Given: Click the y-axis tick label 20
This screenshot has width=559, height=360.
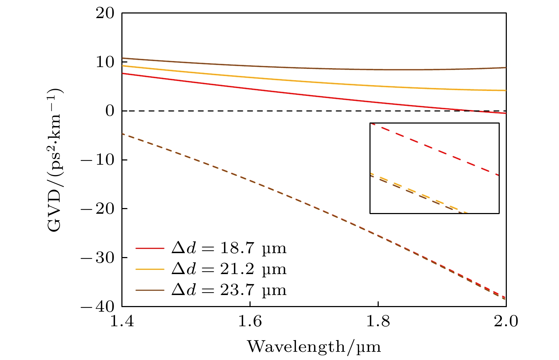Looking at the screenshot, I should coord(105,13).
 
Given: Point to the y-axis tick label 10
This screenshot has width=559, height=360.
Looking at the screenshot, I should coord(105,62).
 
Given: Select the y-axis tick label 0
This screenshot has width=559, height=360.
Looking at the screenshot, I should coord(110,111).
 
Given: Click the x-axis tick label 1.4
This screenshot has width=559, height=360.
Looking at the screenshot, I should coord(122,322).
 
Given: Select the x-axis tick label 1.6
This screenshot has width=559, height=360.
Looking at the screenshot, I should coord(250,322).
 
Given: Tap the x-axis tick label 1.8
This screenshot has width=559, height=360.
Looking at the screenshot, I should coord(378,322).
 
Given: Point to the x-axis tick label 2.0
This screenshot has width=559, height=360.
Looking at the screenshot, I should coord(506,322).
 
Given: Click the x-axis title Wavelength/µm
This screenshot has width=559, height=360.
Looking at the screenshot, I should coord(314,346).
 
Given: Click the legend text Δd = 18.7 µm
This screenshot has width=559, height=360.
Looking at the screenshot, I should coord(229,248).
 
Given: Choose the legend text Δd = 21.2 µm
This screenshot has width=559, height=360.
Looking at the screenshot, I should coord(229,269).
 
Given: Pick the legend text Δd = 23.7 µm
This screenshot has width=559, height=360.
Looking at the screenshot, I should coord(229,290).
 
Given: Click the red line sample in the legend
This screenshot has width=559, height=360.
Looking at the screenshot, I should coord(150,249).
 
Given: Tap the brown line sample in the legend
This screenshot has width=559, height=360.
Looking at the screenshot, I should coord(150,290).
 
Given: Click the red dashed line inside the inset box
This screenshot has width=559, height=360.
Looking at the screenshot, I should coord(435,149).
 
